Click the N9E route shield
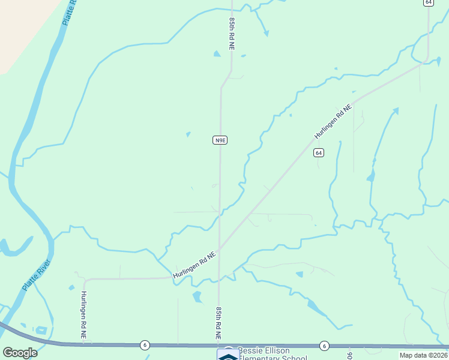(220, 140)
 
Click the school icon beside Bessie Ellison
(227, 355)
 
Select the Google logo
(20, 353)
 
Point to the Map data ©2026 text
(423, 355)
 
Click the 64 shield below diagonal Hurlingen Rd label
(319, 153)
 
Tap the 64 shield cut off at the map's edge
(428, 2)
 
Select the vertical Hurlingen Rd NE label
(83, 317)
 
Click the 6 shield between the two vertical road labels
(145, 345)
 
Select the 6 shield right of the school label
(324, 345)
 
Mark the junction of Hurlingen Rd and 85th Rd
(219, 248)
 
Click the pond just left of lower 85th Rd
(197, 297)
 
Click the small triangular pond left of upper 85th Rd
(217, 54)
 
